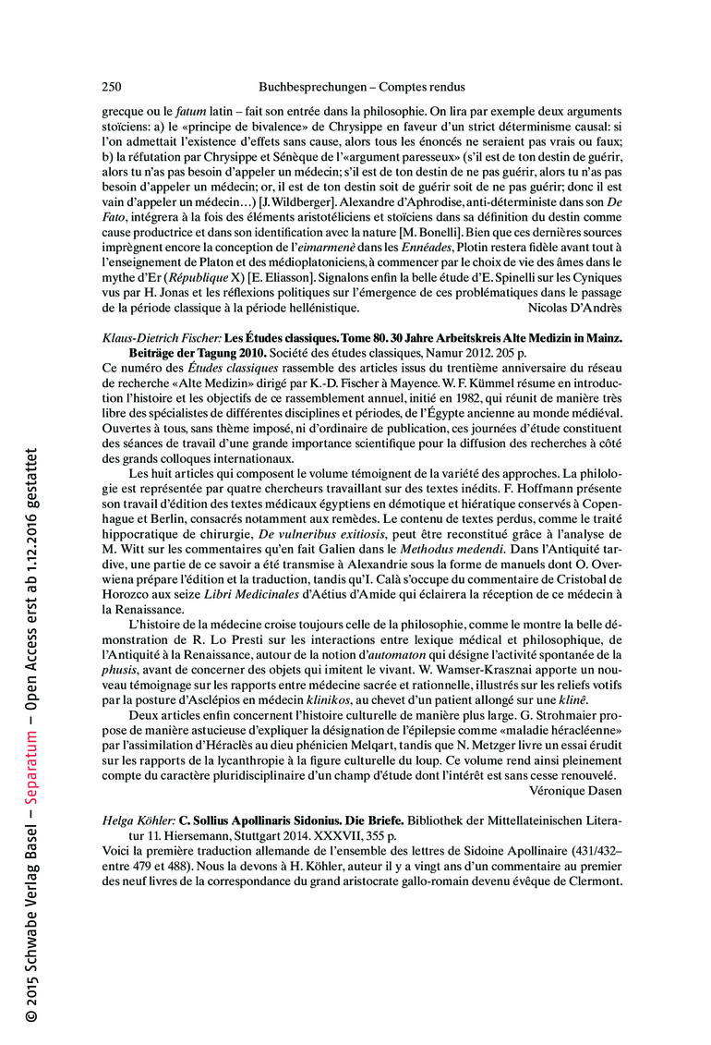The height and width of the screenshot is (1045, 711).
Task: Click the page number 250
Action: coord(111,87)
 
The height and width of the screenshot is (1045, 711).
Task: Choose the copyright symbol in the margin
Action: coord(31,1015)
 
